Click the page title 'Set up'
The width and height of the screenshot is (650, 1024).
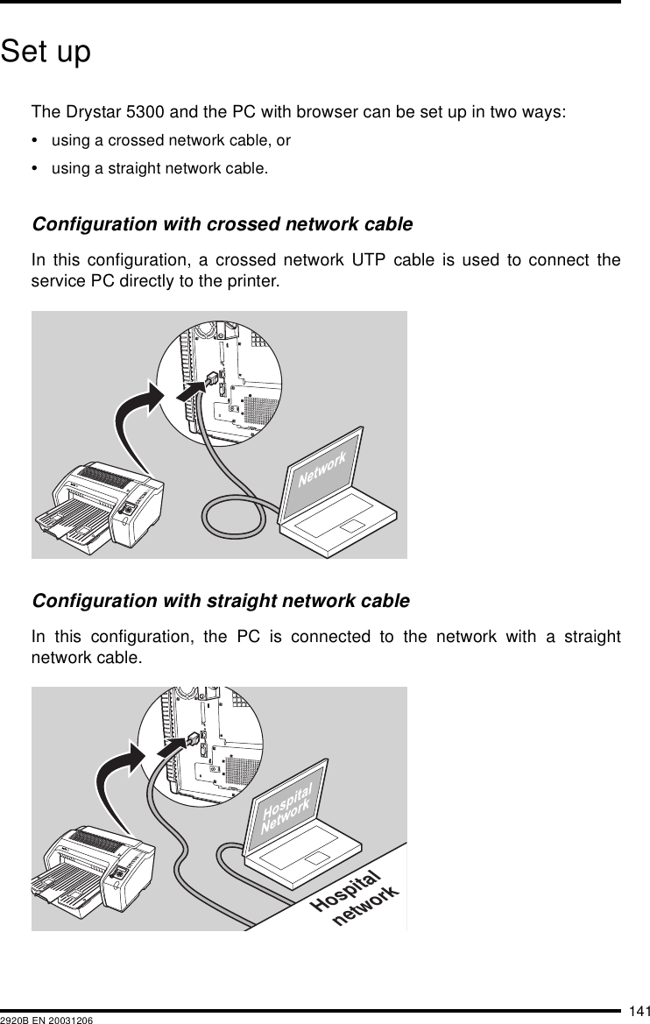click(x=46, y=53)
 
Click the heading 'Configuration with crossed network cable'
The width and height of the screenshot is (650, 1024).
click(x=222, y=224)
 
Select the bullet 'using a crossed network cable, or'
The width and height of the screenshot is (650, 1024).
click(x=171, y=140)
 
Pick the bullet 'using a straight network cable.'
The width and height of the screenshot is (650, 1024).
click(x=160, y=168)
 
